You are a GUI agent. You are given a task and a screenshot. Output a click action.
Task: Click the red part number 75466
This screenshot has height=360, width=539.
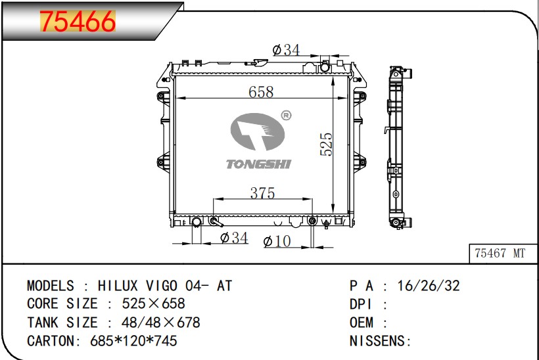point(78,21)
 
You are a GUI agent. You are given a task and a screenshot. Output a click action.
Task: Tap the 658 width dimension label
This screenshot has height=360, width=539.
point(261,92)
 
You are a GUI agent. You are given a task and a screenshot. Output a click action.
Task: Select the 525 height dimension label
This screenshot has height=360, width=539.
point(326,145)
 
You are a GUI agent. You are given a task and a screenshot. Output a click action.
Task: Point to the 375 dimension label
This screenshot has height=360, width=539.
point(262,193)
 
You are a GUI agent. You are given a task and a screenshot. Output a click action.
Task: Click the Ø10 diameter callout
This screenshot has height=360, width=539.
point(277,241)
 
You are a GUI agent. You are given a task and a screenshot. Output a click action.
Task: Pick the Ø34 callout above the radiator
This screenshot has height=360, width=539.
point(286,50)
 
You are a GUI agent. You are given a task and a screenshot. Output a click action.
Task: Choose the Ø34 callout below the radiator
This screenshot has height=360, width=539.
point(234,237)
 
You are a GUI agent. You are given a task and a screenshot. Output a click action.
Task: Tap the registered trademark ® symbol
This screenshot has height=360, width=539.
point(286,116)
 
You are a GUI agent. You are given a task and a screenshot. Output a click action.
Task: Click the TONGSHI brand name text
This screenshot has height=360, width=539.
point(258,164)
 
